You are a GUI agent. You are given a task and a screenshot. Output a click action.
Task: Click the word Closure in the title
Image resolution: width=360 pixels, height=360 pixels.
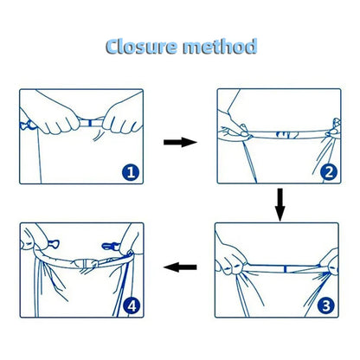click(x=141, y=47)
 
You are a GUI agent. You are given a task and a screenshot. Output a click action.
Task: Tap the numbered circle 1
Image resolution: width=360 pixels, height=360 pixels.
click(x=131, y=172)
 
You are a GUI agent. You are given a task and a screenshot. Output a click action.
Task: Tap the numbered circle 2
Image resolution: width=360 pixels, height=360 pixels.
click(x=329, y=172)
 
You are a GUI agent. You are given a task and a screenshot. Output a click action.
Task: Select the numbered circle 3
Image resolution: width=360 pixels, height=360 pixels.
click(x=326, y=305)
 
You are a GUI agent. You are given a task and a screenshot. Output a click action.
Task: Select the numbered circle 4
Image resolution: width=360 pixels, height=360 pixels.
click(x=132, y=305)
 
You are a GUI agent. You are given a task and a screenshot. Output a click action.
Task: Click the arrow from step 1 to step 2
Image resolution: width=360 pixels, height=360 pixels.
click(x=180, y=142)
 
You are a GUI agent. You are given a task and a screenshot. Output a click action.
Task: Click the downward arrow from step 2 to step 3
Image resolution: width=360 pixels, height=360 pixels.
click(x=280, y=205)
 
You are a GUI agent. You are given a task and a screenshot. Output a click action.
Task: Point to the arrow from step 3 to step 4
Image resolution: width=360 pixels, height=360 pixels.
click(x=180, y=267)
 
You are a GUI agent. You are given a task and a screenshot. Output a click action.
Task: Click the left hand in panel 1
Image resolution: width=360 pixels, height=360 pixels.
click(x=55, y=115)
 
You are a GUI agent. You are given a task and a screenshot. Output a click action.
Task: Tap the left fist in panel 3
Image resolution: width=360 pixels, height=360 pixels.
click(x=231, y=260)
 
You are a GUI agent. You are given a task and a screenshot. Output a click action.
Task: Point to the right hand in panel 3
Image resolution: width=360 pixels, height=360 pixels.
click(x=330, y=262)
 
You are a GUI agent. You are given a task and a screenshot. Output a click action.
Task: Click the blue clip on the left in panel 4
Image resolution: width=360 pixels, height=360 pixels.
click(x=54, y=244)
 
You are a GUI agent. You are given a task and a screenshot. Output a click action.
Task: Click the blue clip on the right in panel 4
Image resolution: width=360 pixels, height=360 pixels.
click(x=111, y=246)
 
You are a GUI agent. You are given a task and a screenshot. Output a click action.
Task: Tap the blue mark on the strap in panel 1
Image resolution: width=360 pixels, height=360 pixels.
click(x=90, y=124)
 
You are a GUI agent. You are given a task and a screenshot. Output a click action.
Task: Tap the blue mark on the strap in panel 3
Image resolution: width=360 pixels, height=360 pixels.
click(x=285, y=269)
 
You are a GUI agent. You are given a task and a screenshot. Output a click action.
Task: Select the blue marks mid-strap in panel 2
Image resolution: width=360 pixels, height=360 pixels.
click(x=287, y=135)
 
